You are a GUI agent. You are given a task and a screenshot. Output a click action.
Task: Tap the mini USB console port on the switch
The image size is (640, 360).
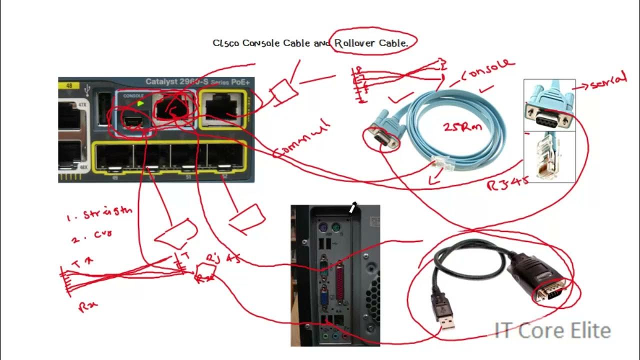coord(132,120)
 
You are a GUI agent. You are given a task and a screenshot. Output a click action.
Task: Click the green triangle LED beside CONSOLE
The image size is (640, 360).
coord(140,103)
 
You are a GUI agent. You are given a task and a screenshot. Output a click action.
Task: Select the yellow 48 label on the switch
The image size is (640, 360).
coord(69,85)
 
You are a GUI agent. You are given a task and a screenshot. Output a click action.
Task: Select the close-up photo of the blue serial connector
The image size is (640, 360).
coord(549,105)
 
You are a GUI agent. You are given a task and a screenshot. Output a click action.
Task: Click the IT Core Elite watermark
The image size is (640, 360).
coord(552,330)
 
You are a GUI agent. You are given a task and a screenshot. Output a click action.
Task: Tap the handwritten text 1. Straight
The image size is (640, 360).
coord(100,213)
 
